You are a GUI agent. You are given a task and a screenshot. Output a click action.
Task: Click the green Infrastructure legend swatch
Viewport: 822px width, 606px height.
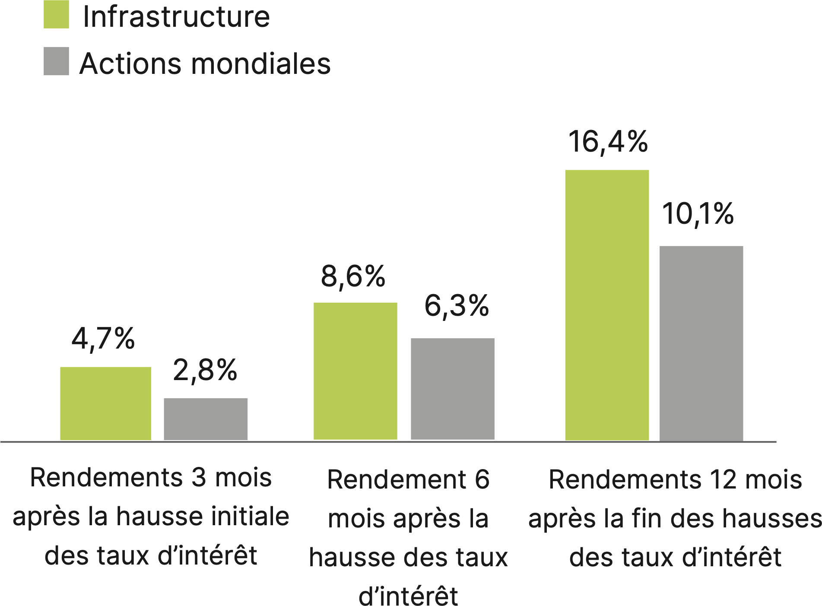[56, 15]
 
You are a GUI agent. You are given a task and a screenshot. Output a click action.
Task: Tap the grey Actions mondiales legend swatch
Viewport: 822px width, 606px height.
[56, 61]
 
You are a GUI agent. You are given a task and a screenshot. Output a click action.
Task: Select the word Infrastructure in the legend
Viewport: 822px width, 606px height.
[176, 17]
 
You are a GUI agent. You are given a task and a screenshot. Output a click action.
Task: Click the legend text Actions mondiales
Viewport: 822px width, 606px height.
[205, 63]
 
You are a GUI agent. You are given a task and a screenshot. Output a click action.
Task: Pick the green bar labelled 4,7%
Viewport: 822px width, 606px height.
[105, 403]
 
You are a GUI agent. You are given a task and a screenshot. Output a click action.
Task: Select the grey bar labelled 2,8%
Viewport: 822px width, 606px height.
[206, 419]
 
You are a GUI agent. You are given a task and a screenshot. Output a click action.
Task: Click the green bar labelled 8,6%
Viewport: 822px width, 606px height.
[355, 371]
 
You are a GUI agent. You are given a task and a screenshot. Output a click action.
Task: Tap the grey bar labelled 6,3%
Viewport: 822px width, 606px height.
[452, 389]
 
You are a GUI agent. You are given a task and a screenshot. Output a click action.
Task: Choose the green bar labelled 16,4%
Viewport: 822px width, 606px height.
[607, 305]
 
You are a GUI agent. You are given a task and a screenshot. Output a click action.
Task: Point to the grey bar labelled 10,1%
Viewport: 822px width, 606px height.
[701, 343]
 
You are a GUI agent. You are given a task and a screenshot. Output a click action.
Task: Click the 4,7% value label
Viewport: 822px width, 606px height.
[103, 339]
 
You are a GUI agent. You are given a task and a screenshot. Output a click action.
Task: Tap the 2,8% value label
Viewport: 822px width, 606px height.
[205, 371]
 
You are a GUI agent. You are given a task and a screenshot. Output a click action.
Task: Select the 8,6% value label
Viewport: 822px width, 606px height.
[353, 277]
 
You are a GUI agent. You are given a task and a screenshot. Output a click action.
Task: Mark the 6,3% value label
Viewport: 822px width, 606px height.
[457, 306]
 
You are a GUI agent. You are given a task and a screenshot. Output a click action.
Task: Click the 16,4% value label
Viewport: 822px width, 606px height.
[608, 142]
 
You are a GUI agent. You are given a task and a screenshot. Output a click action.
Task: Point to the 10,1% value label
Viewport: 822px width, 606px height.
[698, 214]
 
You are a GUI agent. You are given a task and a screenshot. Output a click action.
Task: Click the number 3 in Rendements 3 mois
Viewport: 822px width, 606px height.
[199, 478]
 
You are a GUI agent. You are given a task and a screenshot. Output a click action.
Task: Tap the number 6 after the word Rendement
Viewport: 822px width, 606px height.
[482, 479]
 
